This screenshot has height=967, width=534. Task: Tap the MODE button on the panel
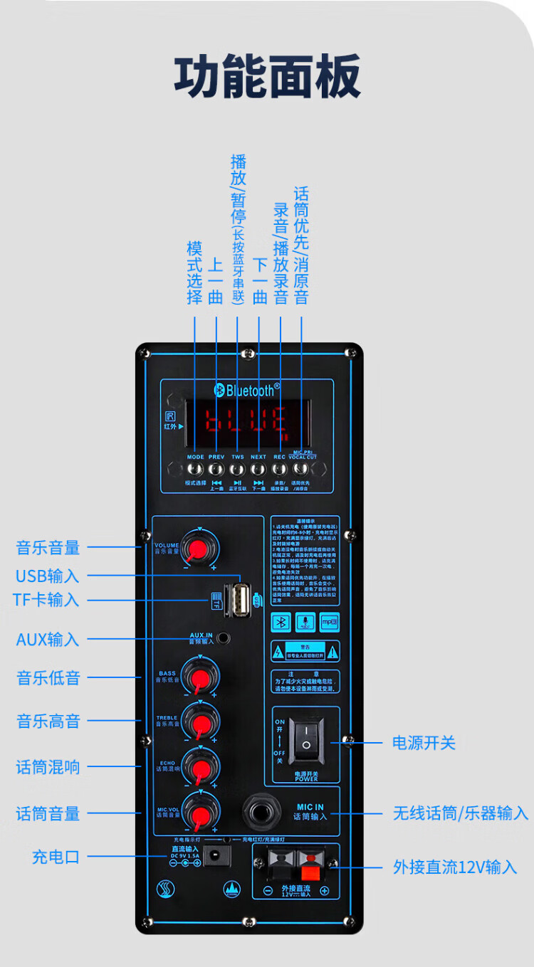click(x=195, y=469)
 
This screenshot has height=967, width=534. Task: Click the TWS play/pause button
click(x=237, y=469)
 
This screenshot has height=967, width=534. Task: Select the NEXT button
click(x=258, y=469)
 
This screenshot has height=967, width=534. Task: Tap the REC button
click(x=280, y=469)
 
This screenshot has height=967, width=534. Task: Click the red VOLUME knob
click(x=199, y=549)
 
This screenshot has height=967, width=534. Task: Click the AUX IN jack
click(x=224, y=638)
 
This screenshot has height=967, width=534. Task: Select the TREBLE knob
click(x=199, y=721)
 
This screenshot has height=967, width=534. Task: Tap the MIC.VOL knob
click(x=199, y=812)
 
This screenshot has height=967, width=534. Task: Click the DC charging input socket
click(x=216, y=855)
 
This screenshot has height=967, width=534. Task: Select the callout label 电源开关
click(x=424, y=743)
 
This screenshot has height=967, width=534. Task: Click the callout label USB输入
click(x=47, y=575)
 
